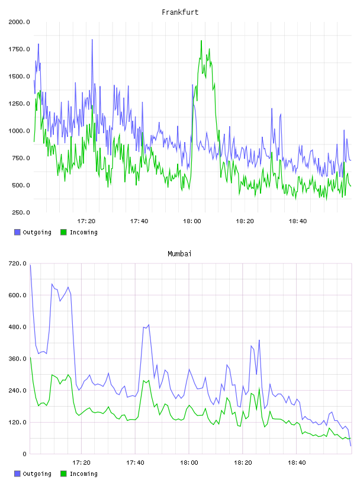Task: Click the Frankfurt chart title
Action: (180, 12)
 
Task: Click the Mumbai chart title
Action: (179, 253)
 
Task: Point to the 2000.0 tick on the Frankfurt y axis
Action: (19, 22)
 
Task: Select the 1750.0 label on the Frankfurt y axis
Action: (19, 49)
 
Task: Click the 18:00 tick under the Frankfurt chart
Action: (192, 221)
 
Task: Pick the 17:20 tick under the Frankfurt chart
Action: (86, 221)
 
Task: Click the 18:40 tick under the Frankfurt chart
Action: (297, 221)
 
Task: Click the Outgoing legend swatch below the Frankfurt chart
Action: (17, 232)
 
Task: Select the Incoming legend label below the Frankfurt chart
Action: (83, 233)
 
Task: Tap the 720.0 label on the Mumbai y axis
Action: (18, 263)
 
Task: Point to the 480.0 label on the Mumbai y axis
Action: (18, 327)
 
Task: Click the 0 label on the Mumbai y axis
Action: (24, 454)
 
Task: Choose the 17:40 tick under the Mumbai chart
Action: (135, 462)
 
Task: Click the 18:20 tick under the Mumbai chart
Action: (243, 462)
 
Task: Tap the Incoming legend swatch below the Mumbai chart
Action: (63, 474)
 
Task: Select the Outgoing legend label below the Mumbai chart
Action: (37, 474)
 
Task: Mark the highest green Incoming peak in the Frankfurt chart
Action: (201, 40)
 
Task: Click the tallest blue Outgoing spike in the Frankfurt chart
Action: (92, 40)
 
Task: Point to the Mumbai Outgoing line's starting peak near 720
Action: (31, 265)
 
